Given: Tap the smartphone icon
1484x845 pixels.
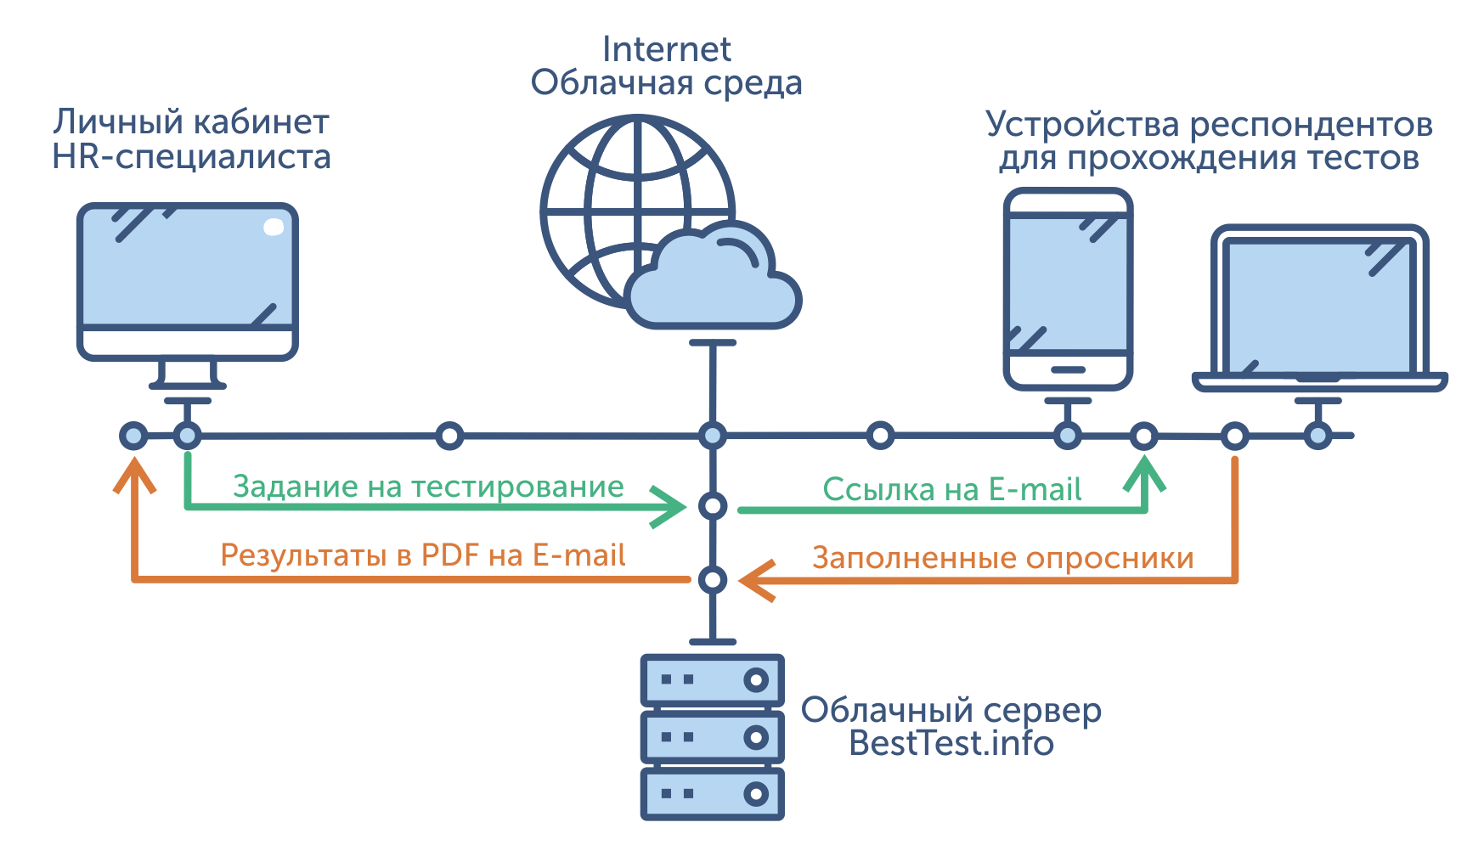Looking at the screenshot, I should tap(1068, 289).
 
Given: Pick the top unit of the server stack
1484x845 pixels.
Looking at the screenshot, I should tap(712, 679).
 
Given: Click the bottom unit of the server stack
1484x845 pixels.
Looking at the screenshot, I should tap(712, 794).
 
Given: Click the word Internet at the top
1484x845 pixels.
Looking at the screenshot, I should tap(666, 49).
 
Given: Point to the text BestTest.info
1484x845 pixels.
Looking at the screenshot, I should tap(951, 744).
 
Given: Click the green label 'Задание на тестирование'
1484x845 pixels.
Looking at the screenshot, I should tap(428, 487).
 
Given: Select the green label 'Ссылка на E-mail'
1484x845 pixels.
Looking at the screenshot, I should tap(951, 490).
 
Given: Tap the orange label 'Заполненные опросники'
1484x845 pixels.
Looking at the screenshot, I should tap(1002, 559).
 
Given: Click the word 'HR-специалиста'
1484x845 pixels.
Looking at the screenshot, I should tap(191, 158).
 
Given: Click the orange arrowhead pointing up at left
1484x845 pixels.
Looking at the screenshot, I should tap(134, 476).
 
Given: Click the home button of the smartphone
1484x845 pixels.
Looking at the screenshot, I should tap(1068, 370).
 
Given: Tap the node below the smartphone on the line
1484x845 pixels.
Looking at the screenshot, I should tap(1067, 437).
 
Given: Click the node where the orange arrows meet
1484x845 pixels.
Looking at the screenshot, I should tap(712, 580).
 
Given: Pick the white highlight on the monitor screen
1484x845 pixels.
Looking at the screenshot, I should tap(274, 227).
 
